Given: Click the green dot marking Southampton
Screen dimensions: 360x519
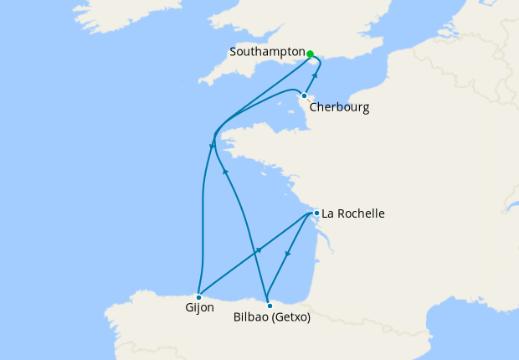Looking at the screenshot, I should pyautogui.click(x=310, y=54).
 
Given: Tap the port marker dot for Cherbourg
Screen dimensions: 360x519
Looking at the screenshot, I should pyautogui.click(x=304, y=95).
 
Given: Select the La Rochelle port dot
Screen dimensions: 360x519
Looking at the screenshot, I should pyautogui.click(x=316, y=213).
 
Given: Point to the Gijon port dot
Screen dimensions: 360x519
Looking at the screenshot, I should pyautogui.click(x=198, y=296).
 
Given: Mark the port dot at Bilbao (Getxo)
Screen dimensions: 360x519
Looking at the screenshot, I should pyautogui.click(x=269, y=305).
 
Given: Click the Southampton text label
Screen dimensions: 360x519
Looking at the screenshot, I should pyautogui.click(x=267, y=52).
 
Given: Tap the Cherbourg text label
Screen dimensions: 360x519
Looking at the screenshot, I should pyautogui.click(x=339, y=107).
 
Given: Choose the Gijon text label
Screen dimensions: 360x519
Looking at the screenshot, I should pyautogui.click(x=199, y=308).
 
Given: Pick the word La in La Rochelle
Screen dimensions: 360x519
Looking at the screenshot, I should pyautogui.click(x=328, y=213).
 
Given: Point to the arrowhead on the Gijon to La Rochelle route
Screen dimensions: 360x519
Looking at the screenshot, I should pyautogui.click(x=259, y=250).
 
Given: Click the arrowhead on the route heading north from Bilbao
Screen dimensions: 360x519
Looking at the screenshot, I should pyautogui.click(x=225, y=171).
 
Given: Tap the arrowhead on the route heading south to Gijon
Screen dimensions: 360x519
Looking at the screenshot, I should pyautogui.click(x=209, y=147).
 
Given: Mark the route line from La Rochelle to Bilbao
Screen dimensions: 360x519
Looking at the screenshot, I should pyautogui.click(x=297, y=243).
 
